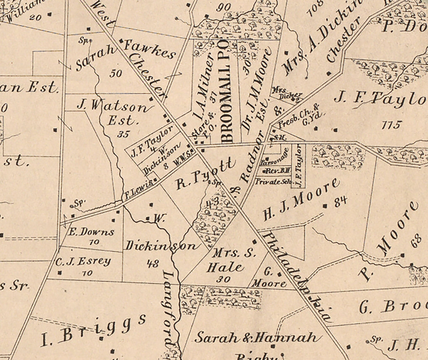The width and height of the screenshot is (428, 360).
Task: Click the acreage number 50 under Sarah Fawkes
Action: [116, 74]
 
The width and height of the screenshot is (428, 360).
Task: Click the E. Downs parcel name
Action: [91, 232]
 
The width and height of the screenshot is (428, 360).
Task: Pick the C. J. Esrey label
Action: [83, 261]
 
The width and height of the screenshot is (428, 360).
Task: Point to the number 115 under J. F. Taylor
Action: [392, 125]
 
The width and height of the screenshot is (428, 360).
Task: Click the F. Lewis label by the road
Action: [138, 191]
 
